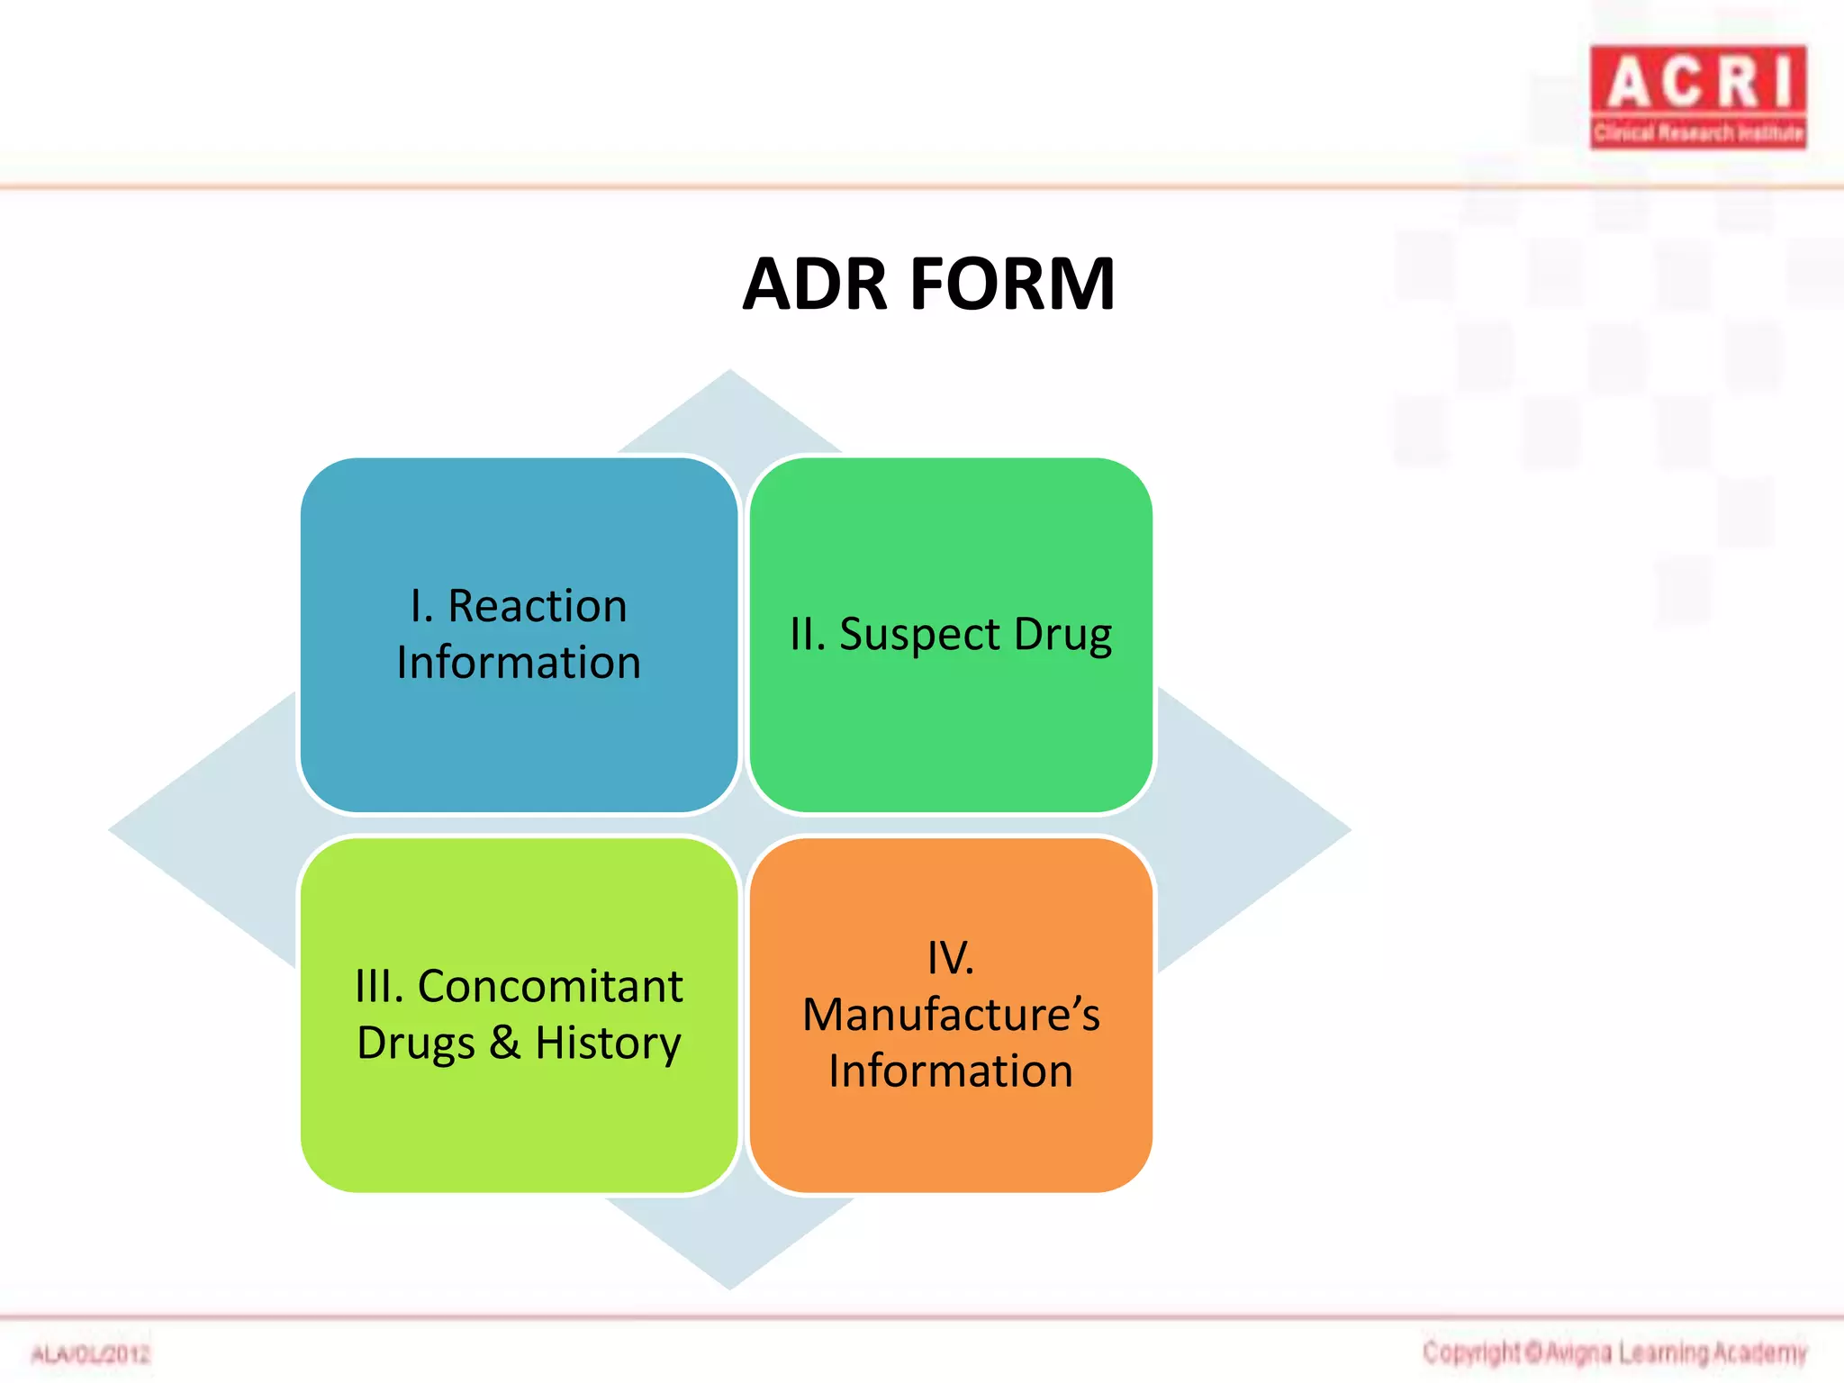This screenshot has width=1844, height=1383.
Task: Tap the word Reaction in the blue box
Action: tap(537, 605)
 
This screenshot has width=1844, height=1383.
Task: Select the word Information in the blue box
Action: tap(519, 663)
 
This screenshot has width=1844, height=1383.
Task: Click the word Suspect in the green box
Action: tap(919, 635)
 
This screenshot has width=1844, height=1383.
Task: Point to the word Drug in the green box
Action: tap(1062, 635)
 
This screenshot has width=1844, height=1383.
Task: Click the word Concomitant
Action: tap(550, 986)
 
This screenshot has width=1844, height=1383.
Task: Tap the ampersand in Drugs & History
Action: tap(505, 1043)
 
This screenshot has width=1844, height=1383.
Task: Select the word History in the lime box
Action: tap(608, 1043)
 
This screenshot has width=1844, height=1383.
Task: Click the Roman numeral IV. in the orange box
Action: tap(951, 957)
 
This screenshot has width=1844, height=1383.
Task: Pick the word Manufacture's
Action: tap(951, 1015)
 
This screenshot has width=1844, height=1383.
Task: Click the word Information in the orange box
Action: tap(951, 1071)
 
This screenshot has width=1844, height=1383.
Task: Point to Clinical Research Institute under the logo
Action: tap(1698, 133)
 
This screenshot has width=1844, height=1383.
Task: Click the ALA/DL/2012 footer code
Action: tap(90, 1354)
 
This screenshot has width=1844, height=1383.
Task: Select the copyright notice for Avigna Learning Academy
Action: tap(1614, 1352)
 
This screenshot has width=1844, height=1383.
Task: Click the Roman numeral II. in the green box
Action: tap(808, 635)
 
